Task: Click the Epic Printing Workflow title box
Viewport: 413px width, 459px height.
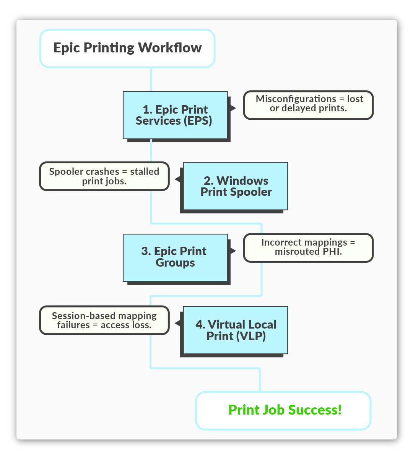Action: [x=127, y=49]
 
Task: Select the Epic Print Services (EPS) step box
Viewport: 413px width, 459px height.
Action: [x=175, y=115]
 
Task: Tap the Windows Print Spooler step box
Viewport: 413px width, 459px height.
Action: [x=236, y=186]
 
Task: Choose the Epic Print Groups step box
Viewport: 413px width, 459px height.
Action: [x=175, y=257]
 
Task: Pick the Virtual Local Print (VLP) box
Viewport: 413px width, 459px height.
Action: [x=236, y=330]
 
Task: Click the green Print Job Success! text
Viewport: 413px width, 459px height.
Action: [x=285, y=410]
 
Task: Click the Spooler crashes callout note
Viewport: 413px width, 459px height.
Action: [x=104, y=176]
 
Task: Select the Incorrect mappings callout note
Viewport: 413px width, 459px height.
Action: [x=309, y=247]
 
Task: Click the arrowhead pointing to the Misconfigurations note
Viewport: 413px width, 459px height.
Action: [x=233, y=108]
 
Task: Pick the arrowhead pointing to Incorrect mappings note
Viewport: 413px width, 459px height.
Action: [x=233, y=251]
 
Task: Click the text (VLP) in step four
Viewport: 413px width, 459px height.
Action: [x=250, y=336]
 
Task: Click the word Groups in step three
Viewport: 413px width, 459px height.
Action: [x=175, y=263]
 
